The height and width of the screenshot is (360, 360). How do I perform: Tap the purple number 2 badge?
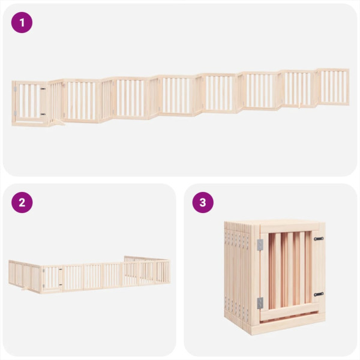point(22,202)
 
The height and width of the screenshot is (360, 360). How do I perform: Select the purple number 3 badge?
point(203,202)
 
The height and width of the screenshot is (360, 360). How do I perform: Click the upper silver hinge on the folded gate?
point(260,244)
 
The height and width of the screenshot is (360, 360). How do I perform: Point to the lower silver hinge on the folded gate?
point(260,303)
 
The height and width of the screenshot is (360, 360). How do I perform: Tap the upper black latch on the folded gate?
point(317,239)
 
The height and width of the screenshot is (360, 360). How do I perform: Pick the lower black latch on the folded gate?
point(317,294)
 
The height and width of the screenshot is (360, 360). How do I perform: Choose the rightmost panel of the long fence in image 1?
point(334,87)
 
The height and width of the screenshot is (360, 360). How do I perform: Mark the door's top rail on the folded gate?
point(288,230)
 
